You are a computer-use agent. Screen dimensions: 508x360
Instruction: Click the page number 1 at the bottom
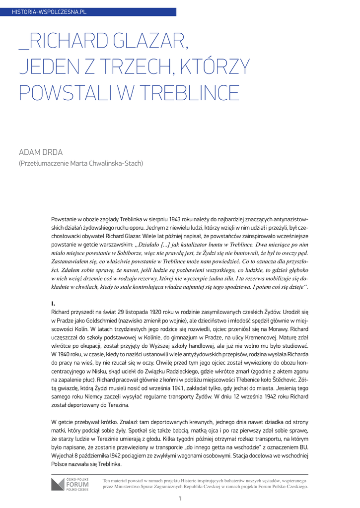click(x=180, y=499)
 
